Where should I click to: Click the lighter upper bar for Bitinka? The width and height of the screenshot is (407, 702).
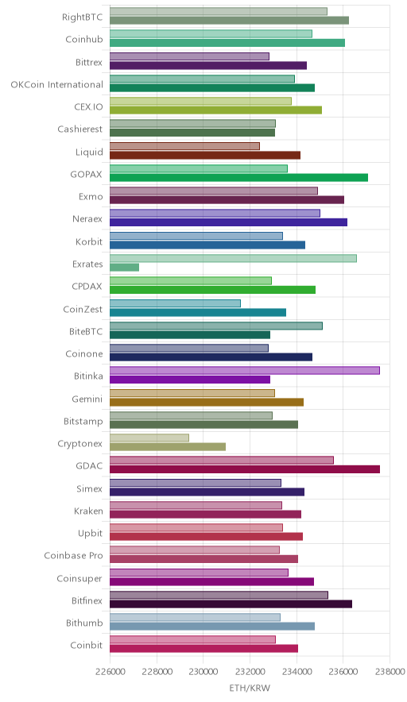click(x=245, y=370)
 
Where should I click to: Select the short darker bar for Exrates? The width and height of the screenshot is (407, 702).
click(x=124, y=268)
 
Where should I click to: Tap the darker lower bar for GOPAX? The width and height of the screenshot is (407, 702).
click(x=239, y=178)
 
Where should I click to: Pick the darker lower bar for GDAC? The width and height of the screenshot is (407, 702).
click(x=245, y=469)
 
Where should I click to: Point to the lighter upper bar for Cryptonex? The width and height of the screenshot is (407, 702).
click(x=149, y=438)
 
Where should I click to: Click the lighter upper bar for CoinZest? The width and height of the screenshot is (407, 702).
click(x=175, y=303)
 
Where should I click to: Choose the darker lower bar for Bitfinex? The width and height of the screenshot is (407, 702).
click(x=231, y=604)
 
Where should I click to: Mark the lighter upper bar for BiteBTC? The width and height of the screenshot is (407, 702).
click(x=216, y=326)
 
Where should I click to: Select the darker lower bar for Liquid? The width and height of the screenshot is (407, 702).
click(x=205, y=156)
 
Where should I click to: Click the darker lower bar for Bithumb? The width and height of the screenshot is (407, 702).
click(x=212, y=627)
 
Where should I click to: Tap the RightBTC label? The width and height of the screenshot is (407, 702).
click(x=83, y=17)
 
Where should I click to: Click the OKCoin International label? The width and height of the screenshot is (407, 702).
click(x=57, y=85)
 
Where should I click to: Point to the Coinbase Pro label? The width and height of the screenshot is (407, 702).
click(x=73, y=556)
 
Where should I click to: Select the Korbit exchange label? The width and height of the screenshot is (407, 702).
click(x=89, y=241)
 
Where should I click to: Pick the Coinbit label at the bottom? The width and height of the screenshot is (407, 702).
click(x=87, y=645)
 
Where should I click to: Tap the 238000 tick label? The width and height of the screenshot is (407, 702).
click(x=390, y=672)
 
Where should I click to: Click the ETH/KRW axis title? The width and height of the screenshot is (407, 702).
click(x=250, y=688)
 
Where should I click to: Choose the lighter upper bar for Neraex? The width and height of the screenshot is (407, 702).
click(x=215, y=213)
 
